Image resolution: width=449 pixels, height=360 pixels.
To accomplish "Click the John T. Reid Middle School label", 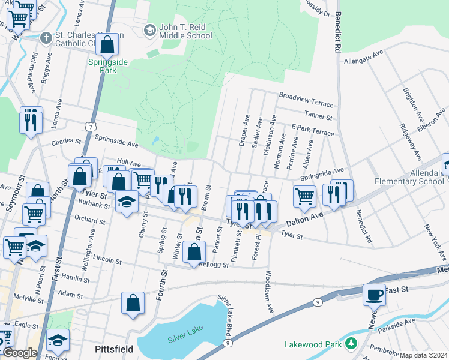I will [185, 31].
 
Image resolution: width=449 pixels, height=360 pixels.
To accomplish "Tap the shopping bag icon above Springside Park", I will [107, 44].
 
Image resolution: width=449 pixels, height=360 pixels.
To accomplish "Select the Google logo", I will [20, 353].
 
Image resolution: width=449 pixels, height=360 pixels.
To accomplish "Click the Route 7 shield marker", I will [89, 127].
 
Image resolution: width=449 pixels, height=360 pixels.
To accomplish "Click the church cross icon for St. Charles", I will [46, 38].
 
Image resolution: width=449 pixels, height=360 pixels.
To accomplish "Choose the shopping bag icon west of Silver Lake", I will [133, 303].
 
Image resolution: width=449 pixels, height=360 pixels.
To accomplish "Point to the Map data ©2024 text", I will [424, 355].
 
